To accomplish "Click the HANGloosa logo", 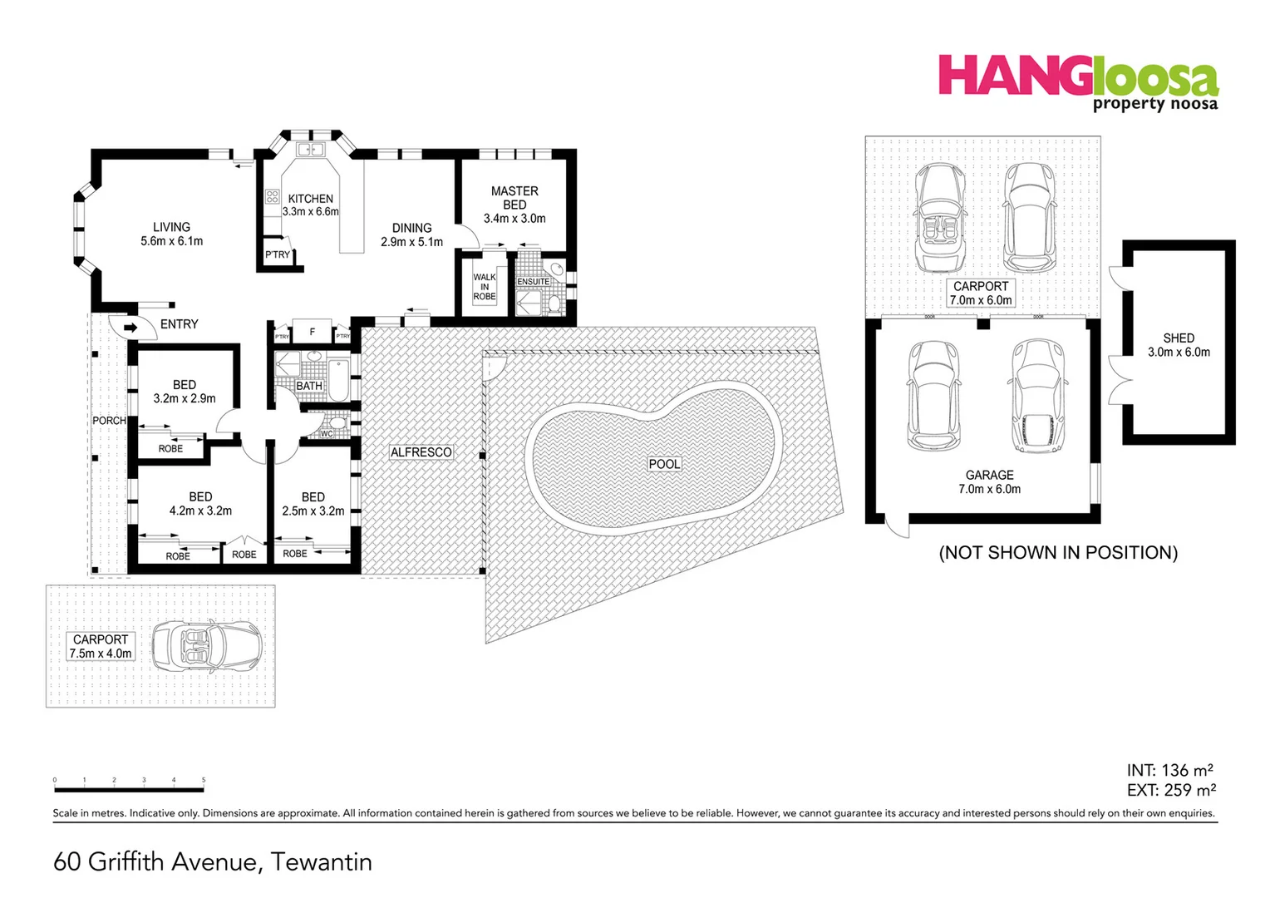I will pyautogui.click(x=1078, y=81).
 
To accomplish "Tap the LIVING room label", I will pyautogui.click(x=171, y=234).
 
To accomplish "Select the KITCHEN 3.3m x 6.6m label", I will pyautogui.click(x=310, y=205).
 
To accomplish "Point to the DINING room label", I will pyautogui.click(x=411, y=234).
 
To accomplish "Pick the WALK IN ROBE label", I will pyautogui.click(x=485, y=287).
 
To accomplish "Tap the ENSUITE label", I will pyautogui.click(x=533, y=282).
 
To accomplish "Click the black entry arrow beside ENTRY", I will pyautogui.click(x=130, y=328).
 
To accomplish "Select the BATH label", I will pyautogui.click(x=309, y=386).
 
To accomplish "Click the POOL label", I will pyautogui.click(x=664, y=464).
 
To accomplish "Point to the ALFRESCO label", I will pyautogui.click(x=421, y=452).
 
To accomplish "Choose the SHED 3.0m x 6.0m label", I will pyautogui.click(x=1179, y=345).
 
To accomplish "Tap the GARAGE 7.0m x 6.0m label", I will pyautogui.click(x=989, y=482).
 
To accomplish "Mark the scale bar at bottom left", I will pyautogui.click(x=129, y=786).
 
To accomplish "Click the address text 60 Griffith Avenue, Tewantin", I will pyautogui.click(x=213, y=861).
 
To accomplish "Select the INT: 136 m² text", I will pyautogui.click(x=1170, y=771).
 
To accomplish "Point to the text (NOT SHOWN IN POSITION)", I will pyautogui.click(x=1058, y=553).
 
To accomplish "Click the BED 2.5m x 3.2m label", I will pyautogui.click(x=313, y=504).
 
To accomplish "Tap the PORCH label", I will pyautogui.click(x=109, y=421).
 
